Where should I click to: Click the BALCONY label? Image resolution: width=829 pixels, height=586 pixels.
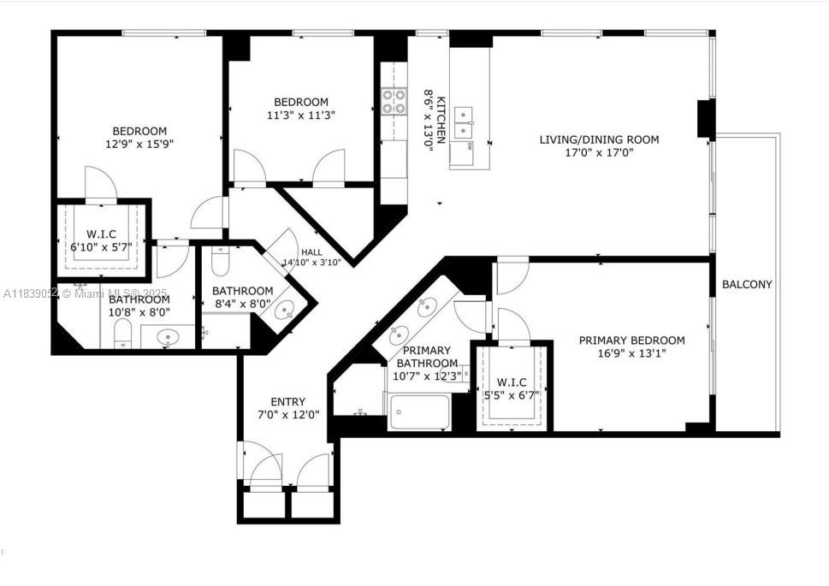(x=747, y=284)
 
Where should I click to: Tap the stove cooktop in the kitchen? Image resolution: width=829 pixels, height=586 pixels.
(x=394, y=102)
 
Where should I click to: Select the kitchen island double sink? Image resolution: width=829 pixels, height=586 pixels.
(x=465, y=122)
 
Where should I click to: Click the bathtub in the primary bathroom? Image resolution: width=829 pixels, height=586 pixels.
(x=419, y=411)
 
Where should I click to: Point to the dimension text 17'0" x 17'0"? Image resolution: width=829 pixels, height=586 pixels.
(x=599, y=153)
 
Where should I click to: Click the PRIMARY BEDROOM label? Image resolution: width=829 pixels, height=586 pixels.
(x=631, y=340)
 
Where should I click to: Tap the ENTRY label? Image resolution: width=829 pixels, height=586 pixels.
(x=287, y=401)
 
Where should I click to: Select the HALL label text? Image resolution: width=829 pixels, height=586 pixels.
(x=312, y=252)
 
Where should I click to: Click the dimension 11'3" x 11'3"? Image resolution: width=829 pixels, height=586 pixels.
(x=300, y=115)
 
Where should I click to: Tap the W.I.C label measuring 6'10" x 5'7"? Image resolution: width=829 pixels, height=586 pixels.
(x=101, y=234)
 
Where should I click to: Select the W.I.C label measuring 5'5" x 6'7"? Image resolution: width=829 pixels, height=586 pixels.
(x=512, y=382)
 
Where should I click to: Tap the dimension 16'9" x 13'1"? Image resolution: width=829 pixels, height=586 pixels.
(x=631, y=353)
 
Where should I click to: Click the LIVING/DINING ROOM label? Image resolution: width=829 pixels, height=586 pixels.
(x=599, y=139)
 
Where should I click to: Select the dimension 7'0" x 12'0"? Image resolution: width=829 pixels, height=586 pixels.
(x=287, y=415)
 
